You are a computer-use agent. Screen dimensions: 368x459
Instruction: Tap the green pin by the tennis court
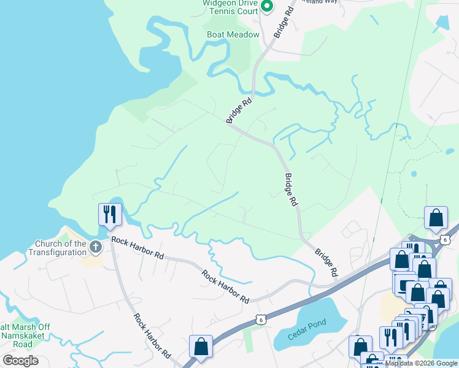(267, 6)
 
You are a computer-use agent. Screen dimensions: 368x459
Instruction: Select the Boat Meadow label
(233, 35)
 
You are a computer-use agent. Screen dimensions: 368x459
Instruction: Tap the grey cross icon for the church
(95, 247)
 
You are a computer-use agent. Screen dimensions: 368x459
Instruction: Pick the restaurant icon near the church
(110, 215)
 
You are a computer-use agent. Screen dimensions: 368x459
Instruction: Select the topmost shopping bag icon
(436, 218)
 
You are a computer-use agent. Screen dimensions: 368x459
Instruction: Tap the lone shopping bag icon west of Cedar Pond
(201, 347)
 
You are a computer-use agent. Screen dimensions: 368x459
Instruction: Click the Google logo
(20, 361)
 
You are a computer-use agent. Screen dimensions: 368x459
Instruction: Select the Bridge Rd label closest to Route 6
(326, 261)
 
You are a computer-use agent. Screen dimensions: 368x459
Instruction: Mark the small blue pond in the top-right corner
(442, 23)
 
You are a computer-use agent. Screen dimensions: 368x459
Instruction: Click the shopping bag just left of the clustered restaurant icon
(360, 347)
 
